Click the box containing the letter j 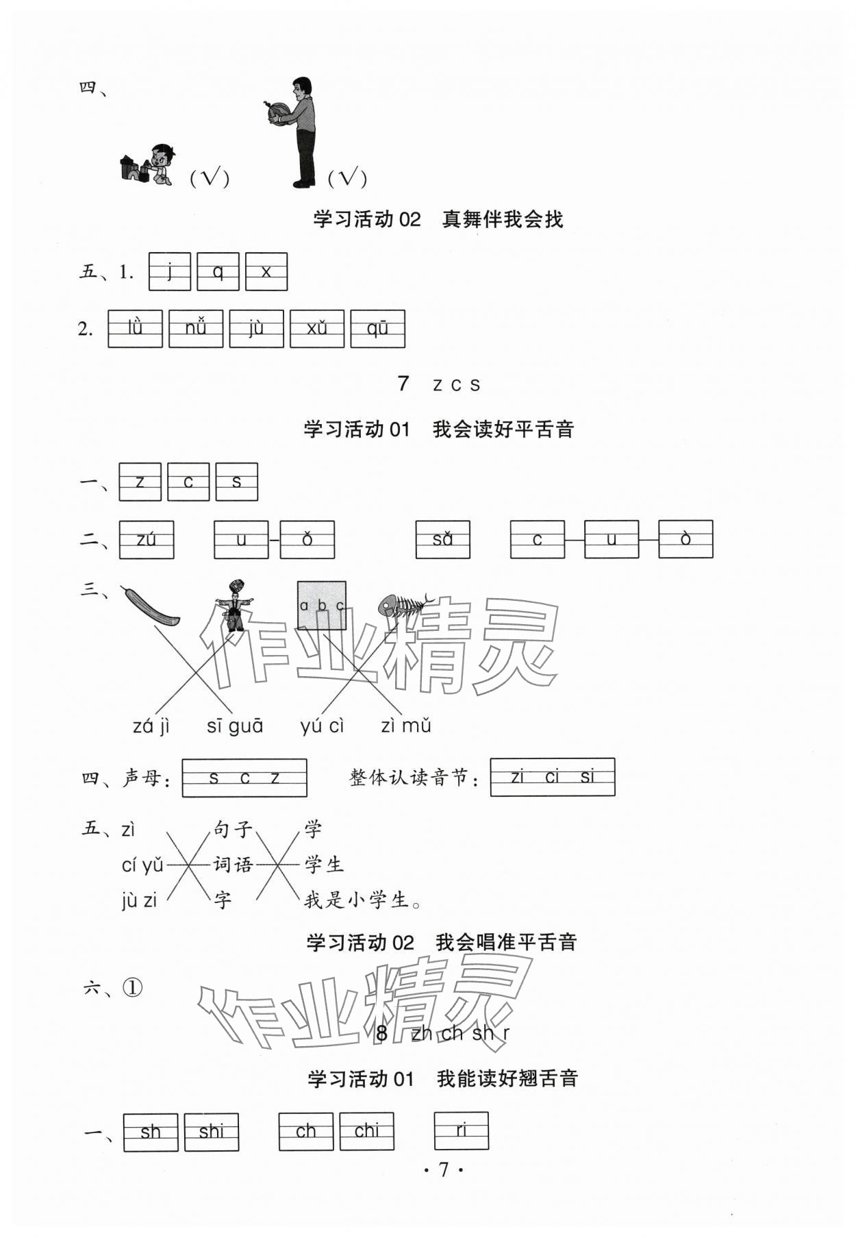(x=169, y=272)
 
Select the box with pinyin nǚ (x=196, y=329)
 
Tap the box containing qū (x=377, y=329)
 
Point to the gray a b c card (x=321, y=606)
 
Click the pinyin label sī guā (x=235, y=726)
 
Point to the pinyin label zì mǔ (x=405, y=726)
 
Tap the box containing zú (x=147, y=540)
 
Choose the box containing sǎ (x=442, y=540)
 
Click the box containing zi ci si (x=552, y=777)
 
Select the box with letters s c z (x=244, y=778)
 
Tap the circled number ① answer (x=133, y=987)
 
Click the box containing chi (x=366, y=1131)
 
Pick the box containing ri (x=462, y=1130)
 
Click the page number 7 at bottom (x=443, y=1169)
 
